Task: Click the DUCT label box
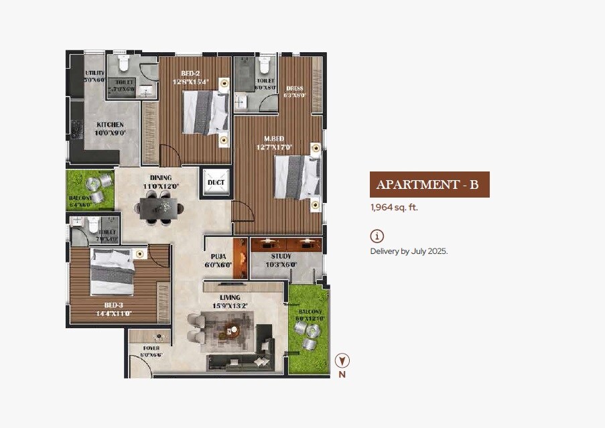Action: click(x=216, y=182)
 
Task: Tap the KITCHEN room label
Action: click(x=111, y=125)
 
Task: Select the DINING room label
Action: click(x=161, y=177)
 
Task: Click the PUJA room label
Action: click(x=218, y=257)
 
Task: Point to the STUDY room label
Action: click(x=281, y=257)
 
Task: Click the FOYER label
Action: click(x=151, y=348)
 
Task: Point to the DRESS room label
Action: click(x=295, y=88)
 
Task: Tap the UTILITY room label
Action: click(x=95, y=73)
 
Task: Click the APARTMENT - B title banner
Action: click(x=429, y=185)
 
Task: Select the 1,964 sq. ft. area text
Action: click(x=394, y=208)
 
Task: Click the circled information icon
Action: click(x=377, y=236)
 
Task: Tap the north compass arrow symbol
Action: click(x=342, y=361)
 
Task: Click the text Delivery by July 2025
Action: click(x=409, y=251)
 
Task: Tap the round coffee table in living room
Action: click(x=232, y=329)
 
